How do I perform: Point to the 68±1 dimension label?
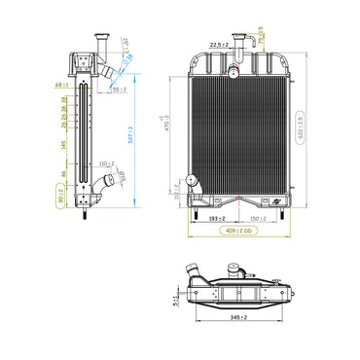tap(61, 86)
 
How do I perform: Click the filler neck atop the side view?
tap(97, 43)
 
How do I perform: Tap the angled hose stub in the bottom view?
tap(279, 287)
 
